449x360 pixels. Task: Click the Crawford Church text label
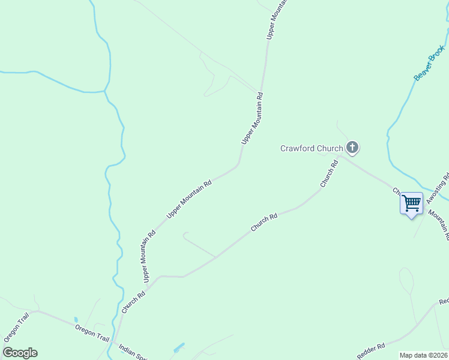coord(312,148)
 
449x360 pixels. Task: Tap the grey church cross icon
coord(352,147)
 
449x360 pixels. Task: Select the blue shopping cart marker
coord(411,203)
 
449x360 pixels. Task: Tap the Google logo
coord(20,353)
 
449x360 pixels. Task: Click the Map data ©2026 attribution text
coord(424,355)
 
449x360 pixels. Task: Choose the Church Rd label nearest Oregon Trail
coord(133,302)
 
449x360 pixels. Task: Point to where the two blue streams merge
coord(106,91)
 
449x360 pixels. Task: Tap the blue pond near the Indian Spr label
coord(178,348)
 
